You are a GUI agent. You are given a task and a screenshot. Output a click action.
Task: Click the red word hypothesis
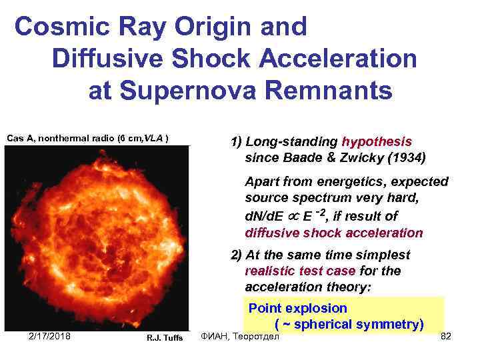(377, 142)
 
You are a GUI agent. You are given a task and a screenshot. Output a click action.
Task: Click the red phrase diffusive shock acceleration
(333, 233)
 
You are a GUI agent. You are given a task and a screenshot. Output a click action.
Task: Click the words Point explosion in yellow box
(297, 308)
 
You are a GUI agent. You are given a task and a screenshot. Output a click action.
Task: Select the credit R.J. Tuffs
(165, 338)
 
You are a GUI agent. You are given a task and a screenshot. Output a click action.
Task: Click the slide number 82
(446, 337)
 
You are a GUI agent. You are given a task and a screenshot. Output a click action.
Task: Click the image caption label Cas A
(20, 139)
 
